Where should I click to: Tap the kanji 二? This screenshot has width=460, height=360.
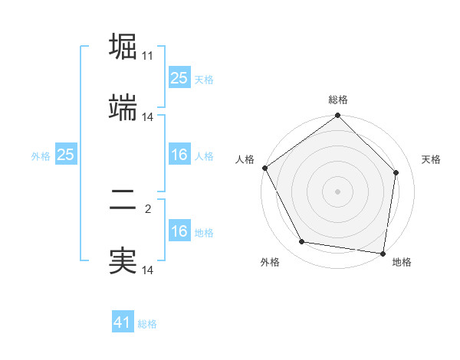pyautogui.click(x=123, y=199)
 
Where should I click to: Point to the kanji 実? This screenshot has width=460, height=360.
pyautogui.click(x=123, y=260)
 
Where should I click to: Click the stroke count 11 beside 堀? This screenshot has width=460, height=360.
pyautogui.click(x=148, y=56)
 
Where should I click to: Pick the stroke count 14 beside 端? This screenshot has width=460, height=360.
pyautogui.click(x=148, y=116)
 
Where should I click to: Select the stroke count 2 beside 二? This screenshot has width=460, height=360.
pyautogui.click(x=148, y=208)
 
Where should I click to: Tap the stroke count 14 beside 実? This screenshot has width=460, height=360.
pyautogui.click(x=148, y=270)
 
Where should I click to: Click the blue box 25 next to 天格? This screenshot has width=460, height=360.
pyautogui.click(x=179, y=78)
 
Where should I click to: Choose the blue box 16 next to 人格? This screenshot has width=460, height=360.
pyautogui.click(x=179, y=155)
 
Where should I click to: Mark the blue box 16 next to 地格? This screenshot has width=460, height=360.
pyautogui.click(x=179, y=231)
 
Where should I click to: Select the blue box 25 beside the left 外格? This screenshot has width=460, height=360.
pyautogui.click(x=65, y=155)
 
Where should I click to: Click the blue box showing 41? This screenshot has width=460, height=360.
pyautogui.click(x=123, y=322)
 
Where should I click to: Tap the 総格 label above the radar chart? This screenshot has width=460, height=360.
pyautogui.click(x=338, y=100)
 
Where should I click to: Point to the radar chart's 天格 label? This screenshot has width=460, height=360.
pyautogui.click(x=431, y=159)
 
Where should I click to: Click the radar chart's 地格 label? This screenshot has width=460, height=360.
pyautogui.click(x=402, y=263)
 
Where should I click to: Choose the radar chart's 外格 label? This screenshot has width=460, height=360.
pyautogui.click(x=270, y=263)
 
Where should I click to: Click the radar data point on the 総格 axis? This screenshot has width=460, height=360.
pyautogui.click(x=337, y=116)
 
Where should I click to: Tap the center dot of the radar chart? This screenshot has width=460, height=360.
pyautogui.click(x=337, y=191)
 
